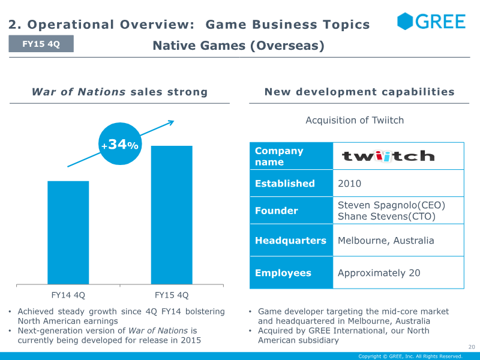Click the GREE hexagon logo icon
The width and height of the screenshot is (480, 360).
[x=404, y=21]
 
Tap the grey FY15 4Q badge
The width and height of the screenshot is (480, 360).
[x=41, y=44]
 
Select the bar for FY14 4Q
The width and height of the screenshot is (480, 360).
[x=68, y=233]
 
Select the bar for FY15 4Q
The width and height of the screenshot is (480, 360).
[x=172, y=215]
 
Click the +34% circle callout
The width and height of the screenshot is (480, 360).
[x=120, y=144]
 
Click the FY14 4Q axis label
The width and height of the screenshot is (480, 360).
[x=68, y=295]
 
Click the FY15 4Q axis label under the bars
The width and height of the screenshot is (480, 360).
[x=172, y=295]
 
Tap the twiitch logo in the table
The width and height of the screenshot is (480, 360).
[x=388, y=156]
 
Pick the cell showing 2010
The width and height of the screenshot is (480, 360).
[x=398, y=183]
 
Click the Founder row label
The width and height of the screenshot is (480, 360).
[x=277, y=211]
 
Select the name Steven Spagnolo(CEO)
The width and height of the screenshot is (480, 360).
[x=392, y=205]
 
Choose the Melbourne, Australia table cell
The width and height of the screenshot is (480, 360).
[x=398, y=241]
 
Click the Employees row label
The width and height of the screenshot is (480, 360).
[x=283, y=273]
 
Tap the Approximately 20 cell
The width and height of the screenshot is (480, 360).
[x=398, y=273]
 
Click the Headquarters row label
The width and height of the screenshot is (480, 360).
[x=291, y=241]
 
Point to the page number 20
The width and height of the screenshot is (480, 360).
[x=472, y=347]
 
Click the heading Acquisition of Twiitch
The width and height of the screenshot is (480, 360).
[x=355, y=120]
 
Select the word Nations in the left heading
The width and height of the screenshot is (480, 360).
[x=101, y=92]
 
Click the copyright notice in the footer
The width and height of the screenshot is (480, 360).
[x=410, y=356]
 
